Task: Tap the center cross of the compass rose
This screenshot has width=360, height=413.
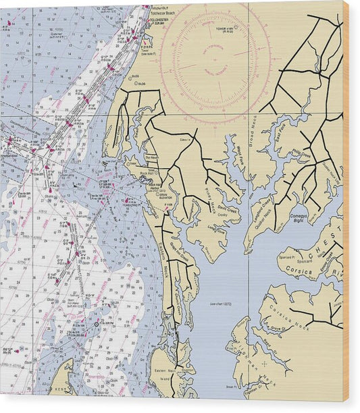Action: click(x=215, y=59)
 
